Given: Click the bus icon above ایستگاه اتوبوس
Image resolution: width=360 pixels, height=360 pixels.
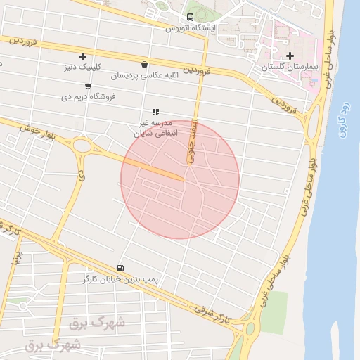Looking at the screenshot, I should coord(190,18).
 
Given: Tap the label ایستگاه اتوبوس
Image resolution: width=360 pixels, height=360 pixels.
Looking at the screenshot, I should coord(191,28).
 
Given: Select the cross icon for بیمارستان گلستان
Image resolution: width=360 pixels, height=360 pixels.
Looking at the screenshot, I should coord(289,56).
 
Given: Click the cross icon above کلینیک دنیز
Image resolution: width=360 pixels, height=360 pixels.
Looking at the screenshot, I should coord(83,56).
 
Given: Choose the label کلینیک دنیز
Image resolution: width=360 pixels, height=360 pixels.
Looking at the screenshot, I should coord(82,67).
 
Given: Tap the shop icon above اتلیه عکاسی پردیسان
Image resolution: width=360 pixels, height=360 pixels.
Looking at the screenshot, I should coord(144,64).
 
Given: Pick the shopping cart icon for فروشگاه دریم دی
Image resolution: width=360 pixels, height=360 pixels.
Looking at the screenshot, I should coord(87,86).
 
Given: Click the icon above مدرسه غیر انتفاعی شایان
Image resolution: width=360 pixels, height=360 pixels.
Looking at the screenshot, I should coord(155,112).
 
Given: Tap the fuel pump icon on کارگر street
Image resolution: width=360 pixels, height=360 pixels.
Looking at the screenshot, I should coord(120,268).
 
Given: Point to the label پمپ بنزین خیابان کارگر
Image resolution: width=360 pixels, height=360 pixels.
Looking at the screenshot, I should coord(122,279).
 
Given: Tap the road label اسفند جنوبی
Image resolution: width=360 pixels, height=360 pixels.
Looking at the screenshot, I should coord(191,143).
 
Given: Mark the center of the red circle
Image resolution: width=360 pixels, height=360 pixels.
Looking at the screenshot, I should coord(180,179).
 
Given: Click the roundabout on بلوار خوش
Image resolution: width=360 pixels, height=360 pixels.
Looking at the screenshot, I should coord(82,147).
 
